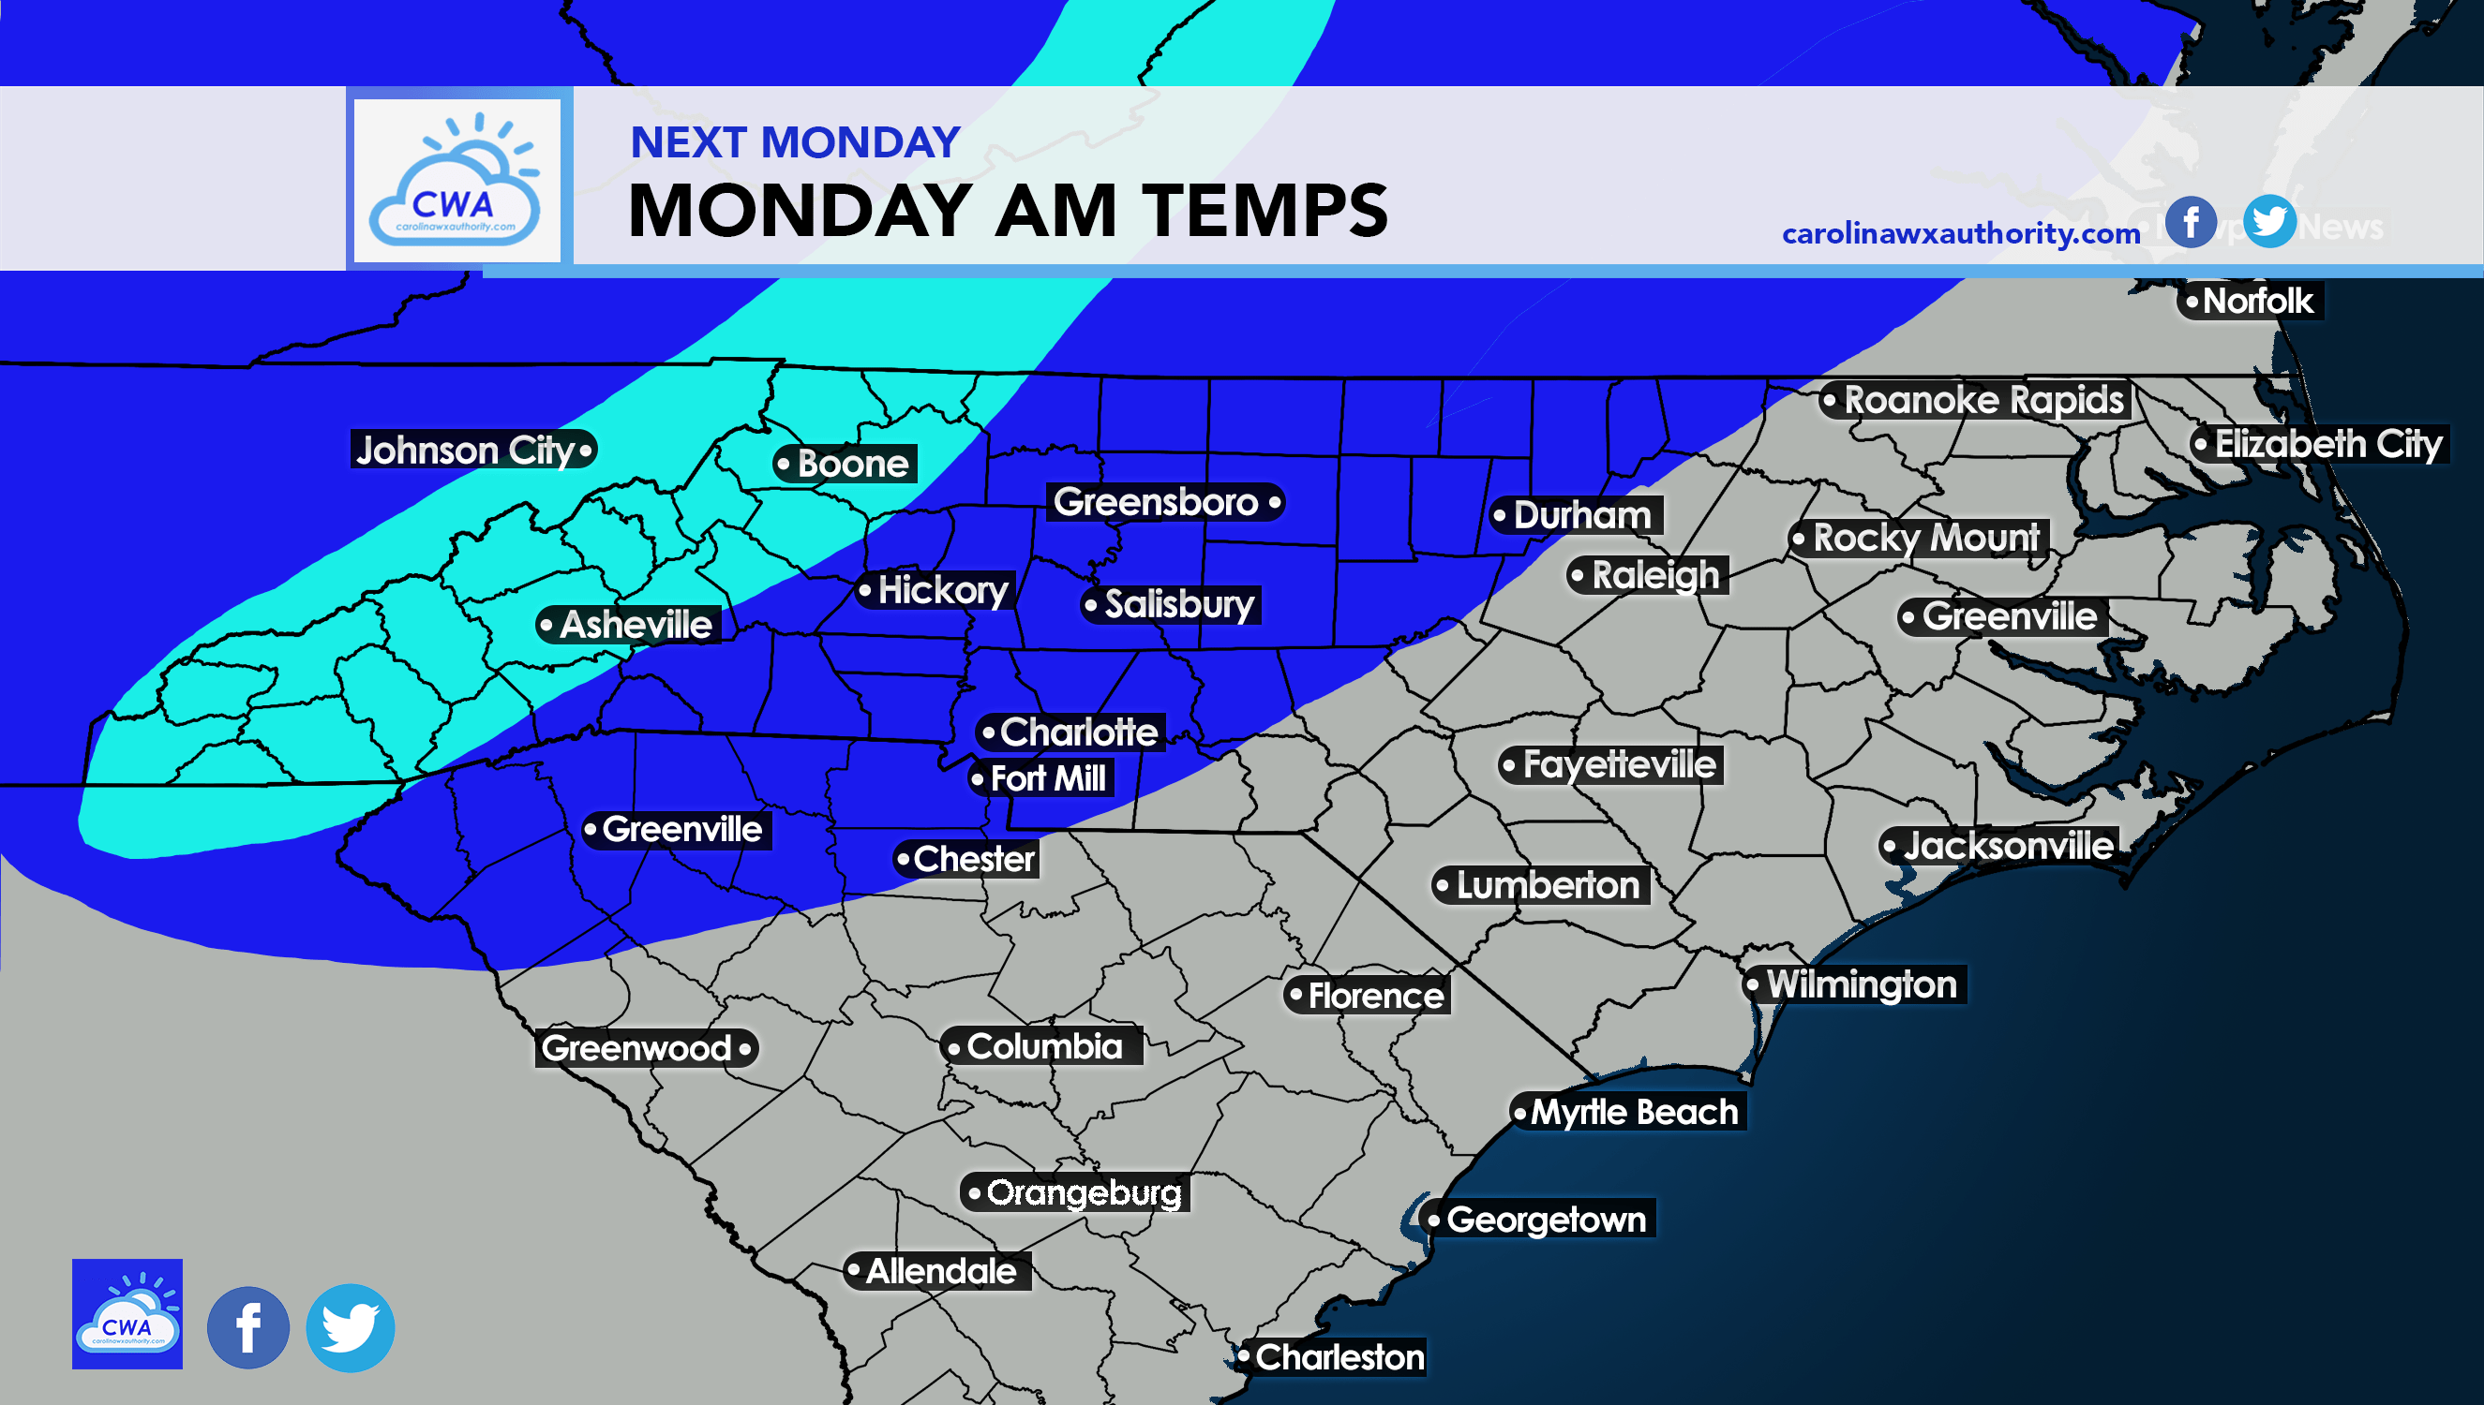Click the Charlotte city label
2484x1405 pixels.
click(1077, 732)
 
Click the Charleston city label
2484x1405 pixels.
click(1338, 1356)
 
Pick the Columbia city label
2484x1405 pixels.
click(1043, 1046)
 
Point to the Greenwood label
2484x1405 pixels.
click(636, 1048)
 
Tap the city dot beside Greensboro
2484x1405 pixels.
click(1275, 502)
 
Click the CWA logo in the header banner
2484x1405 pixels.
click(456, 181)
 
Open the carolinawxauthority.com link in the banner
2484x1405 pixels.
click(1960, 233)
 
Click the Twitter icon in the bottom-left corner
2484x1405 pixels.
click(350, 1328)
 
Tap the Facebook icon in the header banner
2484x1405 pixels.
click(2190, 223)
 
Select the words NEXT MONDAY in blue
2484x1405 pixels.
click(795, 142)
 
